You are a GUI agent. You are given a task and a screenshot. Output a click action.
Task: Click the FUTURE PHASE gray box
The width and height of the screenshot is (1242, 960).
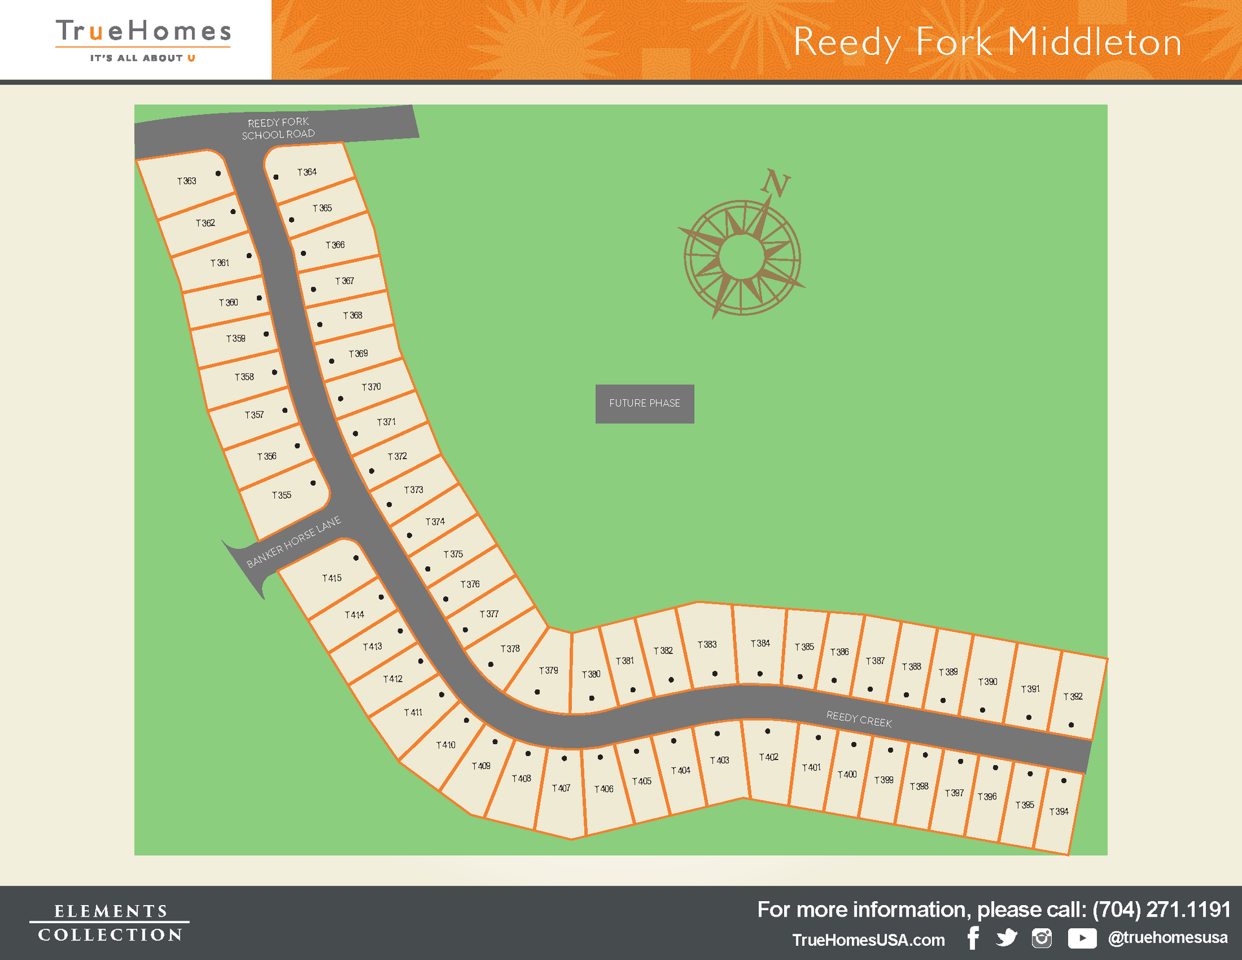click(x=644, y=404)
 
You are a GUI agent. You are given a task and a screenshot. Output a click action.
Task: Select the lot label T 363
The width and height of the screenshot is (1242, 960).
click(x=187, y=181)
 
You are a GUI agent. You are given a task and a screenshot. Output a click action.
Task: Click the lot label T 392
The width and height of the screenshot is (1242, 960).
click(x=1073, y=697)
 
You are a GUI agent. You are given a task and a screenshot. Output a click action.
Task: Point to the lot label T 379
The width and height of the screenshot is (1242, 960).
click(x=549, y=671)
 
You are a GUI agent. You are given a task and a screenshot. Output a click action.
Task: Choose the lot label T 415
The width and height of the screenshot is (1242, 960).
click(x=332, y=578)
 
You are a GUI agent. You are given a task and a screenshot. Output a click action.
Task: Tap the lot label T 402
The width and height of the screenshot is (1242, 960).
click(x=769, y=757)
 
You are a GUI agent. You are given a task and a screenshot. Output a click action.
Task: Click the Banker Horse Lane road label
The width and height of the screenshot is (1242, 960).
click(x=294, y=542)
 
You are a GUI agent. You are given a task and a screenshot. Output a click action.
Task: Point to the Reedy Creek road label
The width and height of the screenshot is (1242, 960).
click(x=859, y=719)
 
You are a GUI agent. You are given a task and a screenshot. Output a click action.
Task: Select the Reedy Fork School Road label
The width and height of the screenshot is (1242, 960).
click(x=278, y=129)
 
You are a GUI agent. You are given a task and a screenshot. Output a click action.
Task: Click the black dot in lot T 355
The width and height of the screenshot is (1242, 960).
click(x=313, y=483)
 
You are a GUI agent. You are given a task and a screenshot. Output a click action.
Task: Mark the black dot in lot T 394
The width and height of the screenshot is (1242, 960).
click(x=1064, y=781)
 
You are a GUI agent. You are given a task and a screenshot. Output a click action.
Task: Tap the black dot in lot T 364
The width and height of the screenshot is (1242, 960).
click(x=276, y=177)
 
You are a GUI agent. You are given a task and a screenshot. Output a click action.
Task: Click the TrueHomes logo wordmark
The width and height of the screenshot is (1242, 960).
click(x=143, y=31)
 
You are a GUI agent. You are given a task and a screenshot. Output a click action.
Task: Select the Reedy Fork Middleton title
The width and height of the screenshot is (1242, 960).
click(x=987, y=43)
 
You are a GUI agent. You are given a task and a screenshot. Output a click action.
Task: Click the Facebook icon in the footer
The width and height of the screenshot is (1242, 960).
click(x=974, y=938)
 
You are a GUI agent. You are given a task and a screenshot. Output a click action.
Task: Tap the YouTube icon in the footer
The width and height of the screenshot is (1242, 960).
click(x=1082, y=938)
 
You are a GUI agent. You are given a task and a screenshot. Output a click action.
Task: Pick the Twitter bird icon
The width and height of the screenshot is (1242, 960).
click(x=1007, y=938)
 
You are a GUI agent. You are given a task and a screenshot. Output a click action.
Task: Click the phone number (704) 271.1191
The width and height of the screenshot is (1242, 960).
click(x=1161, y=910)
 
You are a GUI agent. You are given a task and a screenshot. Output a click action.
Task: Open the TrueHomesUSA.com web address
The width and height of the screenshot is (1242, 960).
click(x=868, y=940)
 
